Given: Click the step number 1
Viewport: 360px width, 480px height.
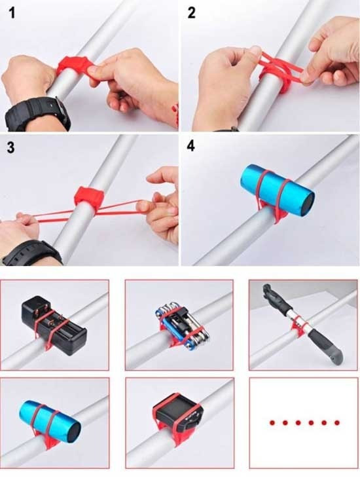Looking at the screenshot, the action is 12,14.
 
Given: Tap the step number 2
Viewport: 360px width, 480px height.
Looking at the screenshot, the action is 192,14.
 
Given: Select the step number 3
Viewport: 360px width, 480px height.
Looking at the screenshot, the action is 10,147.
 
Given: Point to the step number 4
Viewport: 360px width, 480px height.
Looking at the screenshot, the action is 191,146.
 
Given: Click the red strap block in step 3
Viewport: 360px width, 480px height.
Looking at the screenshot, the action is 89,195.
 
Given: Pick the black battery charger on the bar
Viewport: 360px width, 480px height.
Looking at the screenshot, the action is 54,325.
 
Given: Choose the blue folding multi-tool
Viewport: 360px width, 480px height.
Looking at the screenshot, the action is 182,325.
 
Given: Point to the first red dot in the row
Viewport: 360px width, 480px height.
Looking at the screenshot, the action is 272,423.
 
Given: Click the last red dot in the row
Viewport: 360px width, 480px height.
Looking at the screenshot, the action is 337,423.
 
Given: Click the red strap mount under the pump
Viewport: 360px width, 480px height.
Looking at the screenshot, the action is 296,326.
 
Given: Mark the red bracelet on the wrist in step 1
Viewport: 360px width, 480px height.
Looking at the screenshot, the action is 175,115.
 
